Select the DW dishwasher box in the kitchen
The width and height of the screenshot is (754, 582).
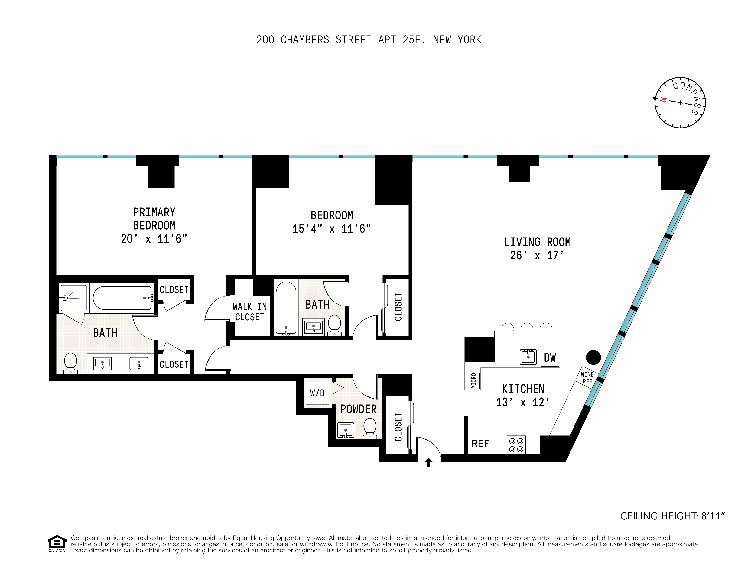(x=550, y=357)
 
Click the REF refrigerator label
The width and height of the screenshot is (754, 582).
(x=480, y=444)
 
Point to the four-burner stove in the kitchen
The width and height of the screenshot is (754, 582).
(x=516, y=445)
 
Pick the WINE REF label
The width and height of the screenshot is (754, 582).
(x=587, y=378)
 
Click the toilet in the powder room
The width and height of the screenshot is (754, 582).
(x=370, y=428)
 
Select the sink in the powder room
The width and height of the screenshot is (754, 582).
(x=346, y=430)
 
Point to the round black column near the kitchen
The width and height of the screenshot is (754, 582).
(x=593, y=357)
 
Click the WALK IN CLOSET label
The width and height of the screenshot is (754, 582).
(x=250, y=312)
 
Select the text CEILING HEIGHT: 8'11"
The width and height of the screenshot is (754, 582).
(x=672, y=516)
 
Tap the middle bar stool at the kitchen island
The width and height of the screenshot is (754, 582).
(x=527, y=327)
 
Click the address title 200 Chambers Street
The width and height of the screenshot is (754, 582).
(x=369, y=40)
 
